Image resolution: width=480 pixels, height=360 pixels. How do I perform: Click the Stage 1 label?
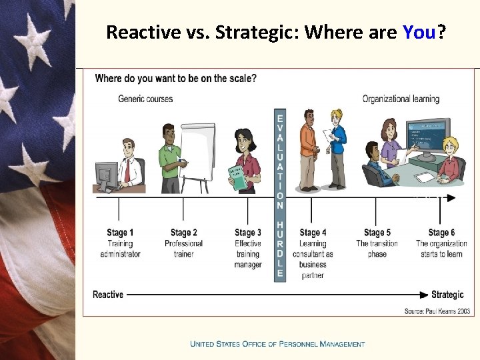(120, 233)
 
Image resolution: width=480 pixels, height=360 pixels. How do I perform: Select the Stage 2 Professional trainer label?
(183, 243)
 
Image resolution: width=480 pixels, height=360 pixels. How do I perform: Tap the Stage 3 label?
(248, 233)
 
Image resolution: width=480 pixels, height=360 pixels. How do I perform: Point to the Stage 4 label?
(313, 233)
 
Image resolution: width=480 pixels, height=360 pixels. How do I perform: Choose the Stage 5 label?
(377, 233)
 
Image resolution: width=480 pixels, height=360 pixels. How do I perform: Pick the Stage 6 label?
(441, 233)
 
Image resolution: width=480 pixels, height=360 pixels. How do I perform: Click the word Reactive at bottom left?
(108, 295)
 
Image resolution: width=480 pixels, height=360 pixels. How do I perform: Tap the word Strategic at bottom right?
(447, 295)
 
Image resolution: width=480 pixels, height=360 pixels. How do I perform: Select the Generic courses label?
(145, 99)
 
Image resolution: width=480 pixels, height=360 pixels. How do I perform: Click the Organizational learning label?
(401, 99)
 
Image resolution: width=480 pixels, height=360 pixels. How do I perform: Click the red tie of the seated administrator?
(127, 170)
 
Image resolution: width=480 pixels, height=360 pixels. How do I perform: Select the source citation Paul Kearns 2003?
(438, 311)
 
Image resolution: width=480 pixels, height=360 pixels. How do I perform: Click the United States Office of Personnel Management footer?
(277, 344)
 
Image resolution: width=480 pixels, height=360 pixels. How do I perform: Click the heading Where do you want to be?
(175, 79)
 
